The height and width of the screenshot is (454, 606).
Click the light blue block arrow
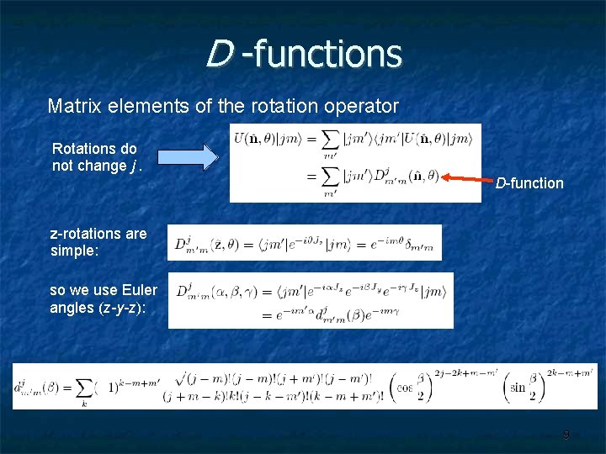(187, 157)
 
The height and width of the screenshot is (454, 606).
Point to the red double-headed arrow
(466, 178)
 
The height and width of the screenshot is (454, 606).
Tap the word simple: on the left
(73, 250)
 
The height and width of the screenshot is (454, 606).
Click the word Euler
(138, 291)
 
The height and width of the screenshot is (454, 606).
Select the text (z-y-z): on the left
(123, 308)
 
